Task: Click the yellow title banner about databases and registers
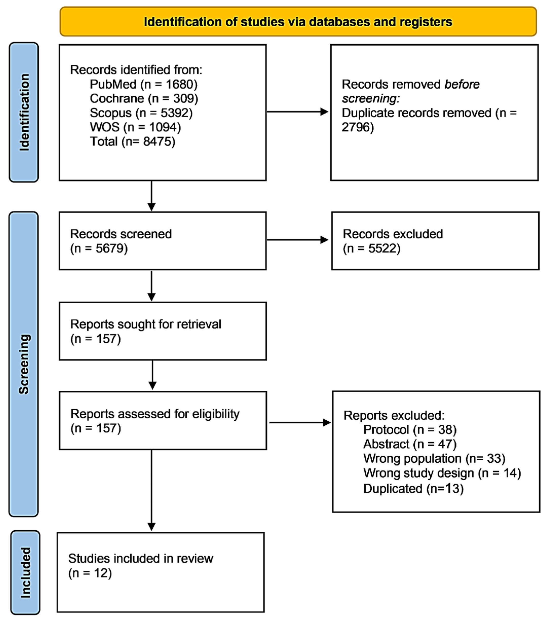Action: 298,22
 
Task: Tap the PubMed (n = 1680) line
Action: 143,84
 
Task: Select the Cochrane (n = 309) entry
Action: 144,99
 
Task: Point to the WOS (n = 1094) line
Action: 135,127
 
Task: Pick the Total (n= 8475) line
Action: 133,142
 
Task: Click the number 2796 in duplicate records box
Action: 357,127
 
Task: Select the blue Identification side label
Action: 24,112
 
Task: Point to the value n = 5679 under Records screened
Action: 99,249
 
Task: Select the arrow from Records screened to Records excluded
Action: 298,240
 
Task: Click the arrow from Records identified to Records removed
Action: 298,112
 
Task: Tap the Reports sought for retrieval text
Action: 145,324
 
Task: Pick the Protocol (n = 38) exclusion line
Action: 410,430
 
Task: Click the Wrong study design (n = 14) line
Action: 442,473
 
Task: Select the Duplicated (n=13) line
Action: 413,489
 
